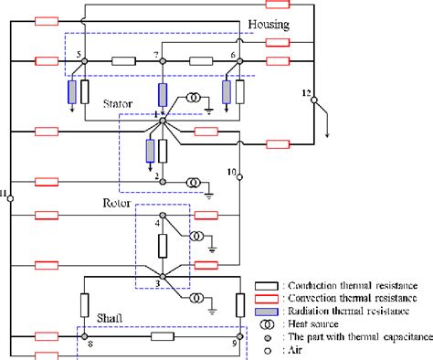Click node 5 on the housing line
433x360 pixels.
click(x=84, y=61)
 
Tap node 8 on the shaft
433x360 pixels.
click(x=84, y=337)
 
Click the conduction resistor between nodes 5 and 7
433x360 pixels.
click(x=123, y=61)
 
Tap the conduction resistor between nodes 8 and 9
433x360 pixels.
click(x=162, y=337)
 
